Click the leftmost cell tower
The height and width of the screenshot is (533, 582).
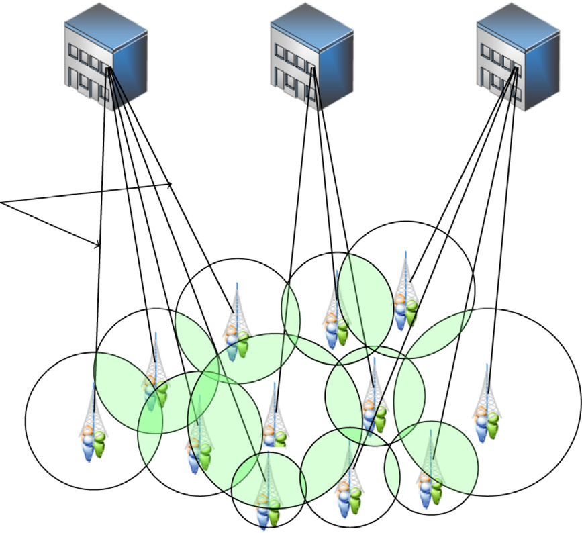(93, 423)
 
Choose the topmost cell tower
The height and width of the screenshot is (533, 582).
(405, 289)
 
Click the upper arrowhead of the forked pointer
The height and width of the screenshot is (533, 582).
(171, 184)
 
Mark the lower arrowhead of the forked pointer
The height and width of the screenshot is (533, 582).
(99, 245)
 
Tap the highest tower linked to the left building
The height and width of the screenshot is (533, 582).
(235, 326)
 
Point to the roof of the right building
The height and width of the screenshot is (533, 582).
(518, 27)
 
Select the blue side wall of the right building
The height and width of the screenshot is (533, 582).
(540, 67)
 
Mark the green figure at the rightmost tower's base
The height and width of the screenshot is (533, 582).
(494, 426)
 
